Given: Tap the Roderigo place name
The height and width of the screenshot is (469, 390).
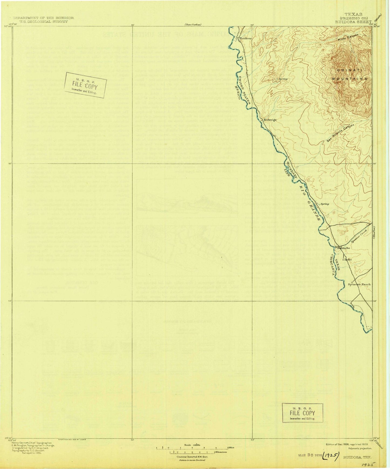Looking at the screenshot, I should [269, 120].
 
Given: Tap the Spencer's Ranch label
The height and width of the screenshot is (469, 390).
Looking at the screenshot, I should [360, 284].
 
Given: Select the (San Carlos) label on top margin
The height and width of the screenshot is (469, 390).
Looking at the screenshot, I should [193, 25].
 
